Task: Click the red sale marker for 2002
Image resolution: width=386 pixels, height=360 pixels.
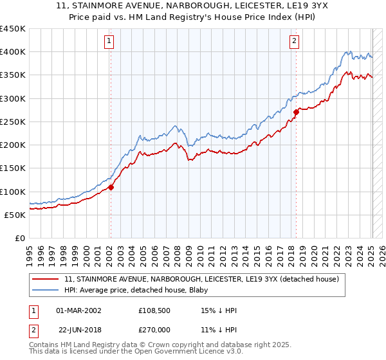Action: pyautogui.click(x=110, y=188)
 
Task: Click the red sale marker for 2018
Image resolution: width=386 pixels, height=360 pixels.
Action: pyautogui.click(x=296, y=112)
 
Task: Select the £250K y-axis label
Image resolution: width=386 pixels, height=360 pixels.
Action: pyautogui.click(x=13, y=122)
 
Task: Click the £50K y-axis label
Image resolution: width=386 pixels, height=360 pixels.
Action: pyautogui.click(x=15, y=215)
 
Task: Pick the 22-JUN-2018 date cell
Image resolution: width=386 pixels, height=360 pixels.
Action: pyautogui.click(x=80, y=330)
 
